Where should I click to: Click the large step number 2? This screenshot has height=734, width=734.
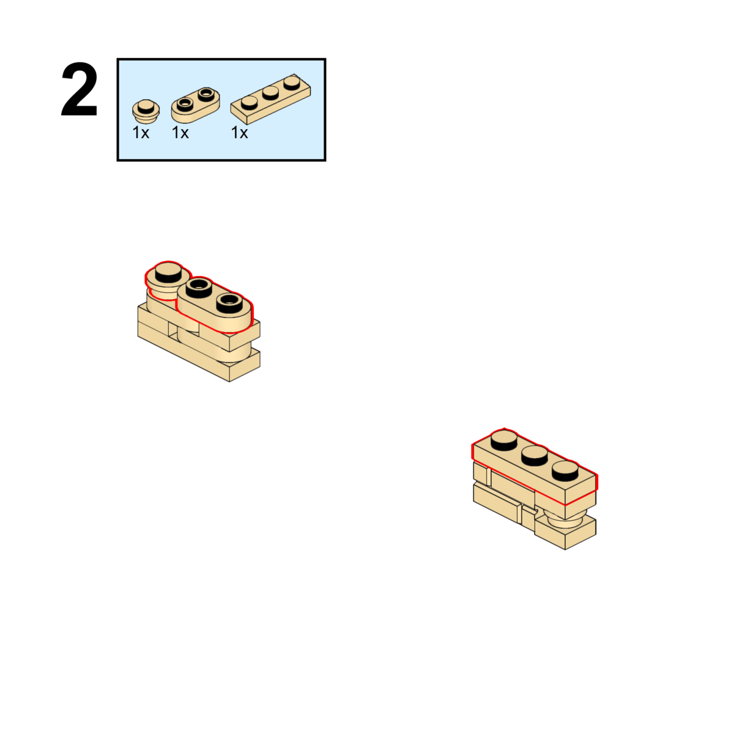(80, 89)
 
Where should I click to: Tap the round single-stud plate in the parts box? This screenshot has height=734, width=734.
(146, 111)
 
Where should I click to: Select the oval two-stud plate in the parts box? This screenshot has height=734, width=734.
(195, 104)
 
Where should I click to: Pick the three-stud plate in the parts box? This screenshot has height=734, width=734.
(270, 99)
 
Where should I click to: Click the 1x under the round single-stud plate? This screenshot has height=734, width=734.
(141, 133)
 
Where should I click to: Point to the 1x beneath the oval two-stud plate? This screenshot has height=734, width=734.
(180, 133)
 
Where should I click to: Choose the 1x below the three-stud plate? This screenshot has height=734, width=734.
(240, 133)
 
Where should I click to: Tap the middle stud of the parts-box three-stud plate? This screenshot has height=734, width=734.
(270, 92)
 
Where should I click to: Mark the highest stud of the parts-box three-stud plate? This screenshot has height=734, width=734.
(292, 83)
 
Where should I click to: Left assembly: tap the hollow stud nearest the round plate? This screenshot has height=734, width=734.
(199, 288)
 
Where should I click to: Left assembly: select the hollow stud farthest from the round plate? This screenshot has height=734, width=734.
(229, 303)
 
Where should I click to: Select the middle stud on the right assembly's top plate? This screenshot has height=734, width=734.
(535, 456)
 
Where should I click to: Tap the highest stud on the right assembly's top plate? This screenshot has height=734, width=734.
(504, 440)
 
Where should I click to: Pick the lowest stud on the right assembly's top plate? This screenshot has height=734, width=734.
(565, 471)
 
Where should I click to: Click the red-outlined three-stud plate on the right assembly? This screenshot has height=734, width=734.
(535, 467)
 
